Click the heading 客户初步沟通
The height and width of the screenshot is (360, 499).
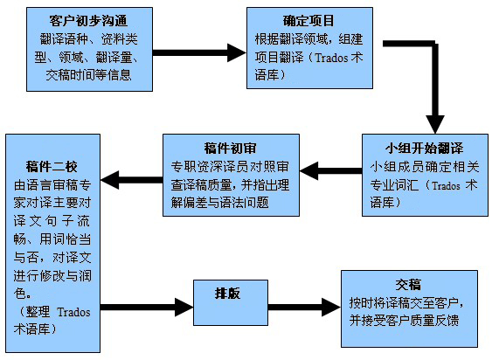point(88,21)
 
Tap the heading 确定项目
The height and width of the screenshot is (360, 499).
point(308,21)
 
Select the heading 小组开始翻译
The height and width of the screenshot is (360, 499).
point(425,148)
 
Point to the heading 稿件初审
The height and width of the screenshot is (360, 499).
point(231,148)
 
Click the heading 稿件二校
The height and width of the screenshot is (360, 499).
point(52,167)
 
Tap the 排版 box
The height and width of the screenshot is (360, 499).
point(231,302)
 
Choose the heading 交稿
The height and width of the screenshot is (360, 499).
point(408,285)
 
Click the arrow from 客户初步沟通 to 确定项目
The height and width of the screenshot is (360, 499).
point(199,52)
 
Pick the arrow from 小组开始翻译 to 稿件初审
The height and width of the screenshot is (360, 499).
point(330,171)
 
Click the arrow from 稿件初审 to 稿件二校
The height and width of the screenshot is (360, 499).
point(132,180)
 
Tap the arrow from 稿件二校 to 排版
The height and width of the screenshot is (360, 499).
point(147,308)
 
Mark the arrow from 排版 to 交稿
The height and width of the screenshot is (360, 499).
point(304,308)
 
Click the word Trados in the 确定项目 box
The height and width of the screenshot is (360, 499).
point(331,58)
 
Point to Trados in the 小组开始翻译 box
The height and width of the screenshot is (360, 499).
point(446,185)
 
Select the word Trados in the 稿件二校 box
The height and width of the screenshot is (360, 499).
point(73,312)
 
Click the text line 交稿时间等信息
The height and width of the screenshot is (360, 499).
point(88,75)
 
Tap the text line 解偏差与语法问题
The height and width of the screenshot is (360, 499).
point(220,203)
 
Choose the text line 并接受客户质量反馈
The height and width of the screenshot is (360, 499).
point(404,321)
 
